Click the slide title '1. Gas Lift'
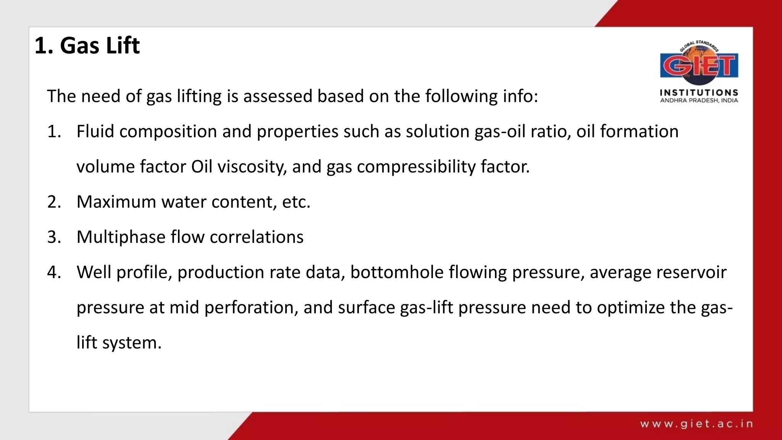coord(87,46)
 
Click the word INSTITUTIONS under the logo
coord(699,92)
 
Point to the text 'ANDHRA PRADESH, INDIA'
coord(699,100)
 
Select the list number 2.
coord(54,202)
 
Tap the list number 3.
coord(54,237)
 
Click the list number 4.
coord(54,272)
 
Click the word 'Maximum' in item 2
coord(116,202)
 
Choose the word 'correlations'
coord(257,237)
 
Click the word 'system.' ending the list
coord(132,343)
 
